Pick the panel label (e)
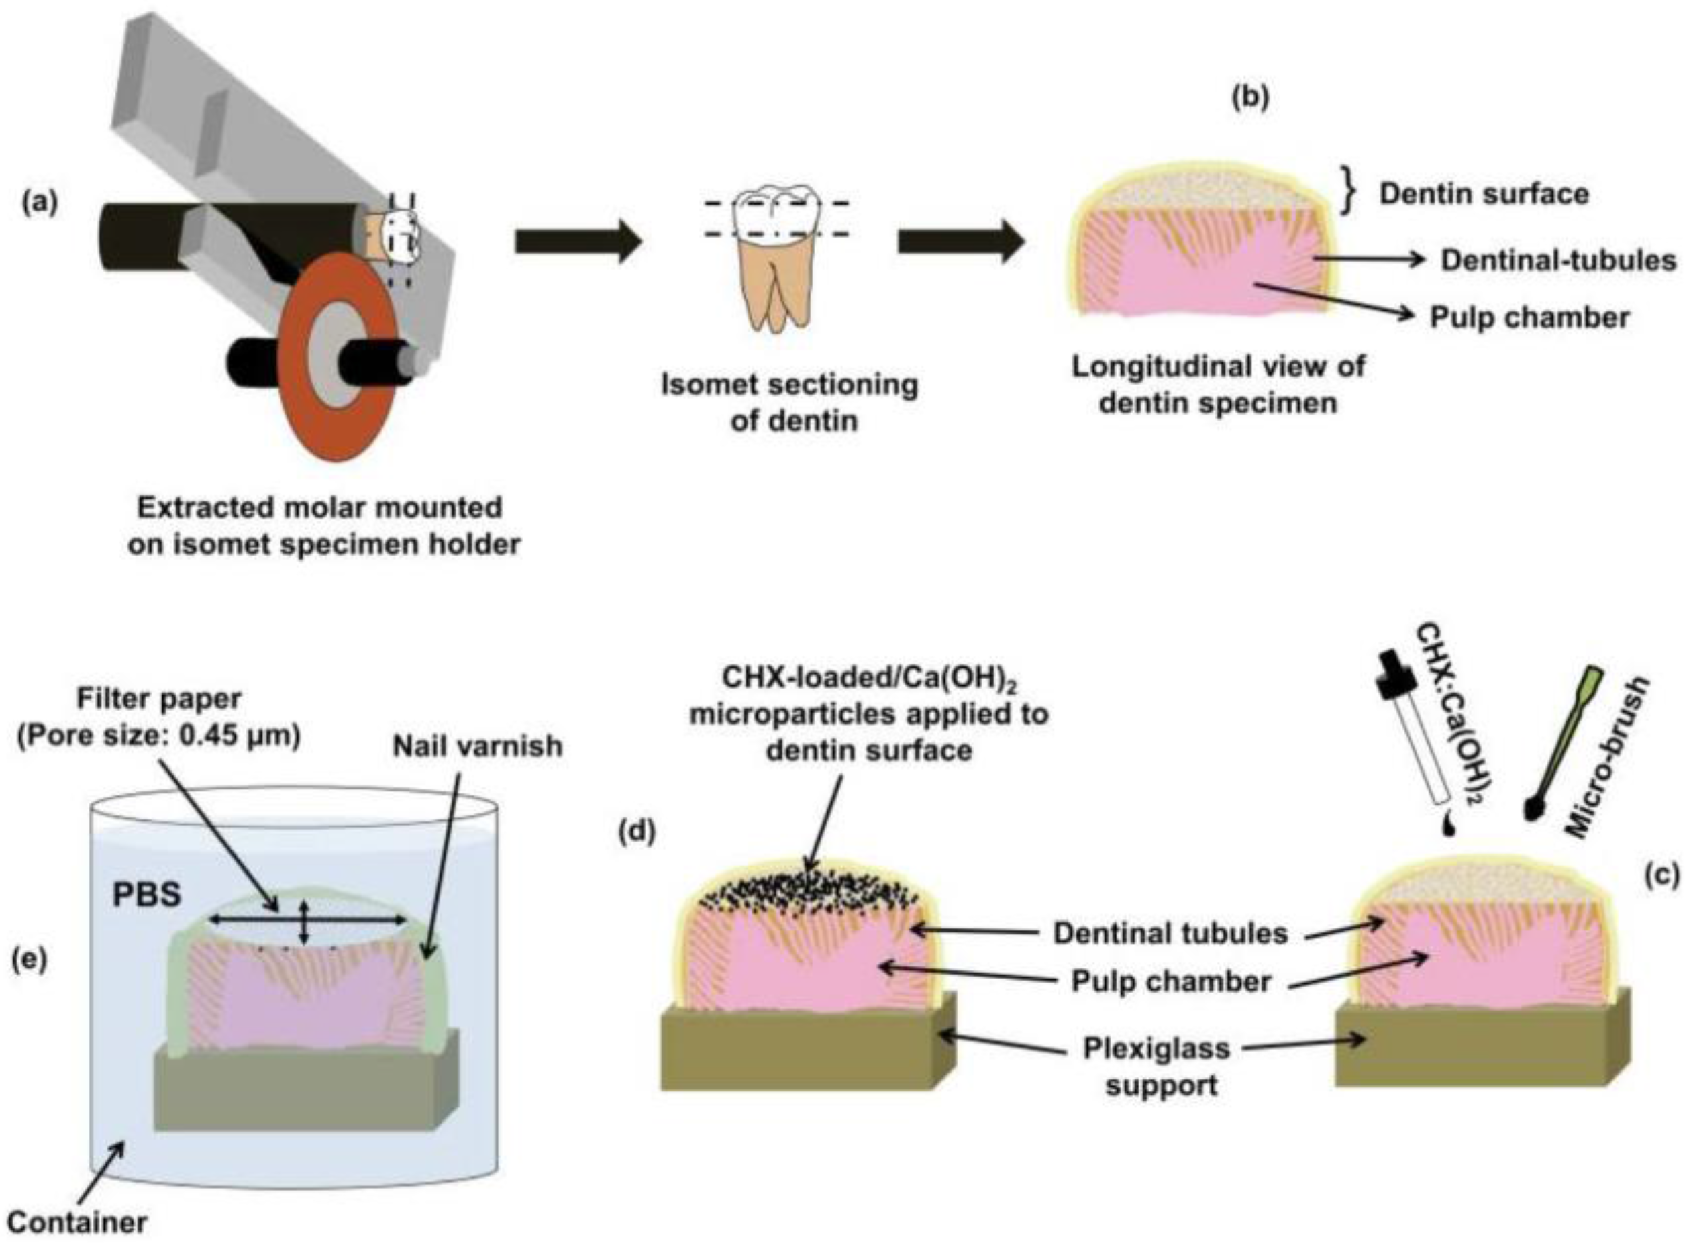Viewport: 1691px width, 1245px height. [29, 959]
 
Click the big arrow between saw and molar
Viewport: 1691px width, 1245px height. [577, 242]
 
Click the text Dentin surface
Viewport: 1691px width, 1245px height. [1484, 195]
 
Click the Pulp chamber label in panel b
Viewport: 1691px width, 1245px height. [1530, 317]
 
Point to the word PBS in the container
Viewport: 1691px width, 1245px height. [147, 895]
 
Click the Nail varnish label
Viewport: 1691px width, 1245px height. [477, 746]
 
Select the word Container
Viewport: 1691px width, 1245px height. [78, 1222]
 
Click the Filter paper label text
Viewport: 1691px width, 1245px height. [159, 699]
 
